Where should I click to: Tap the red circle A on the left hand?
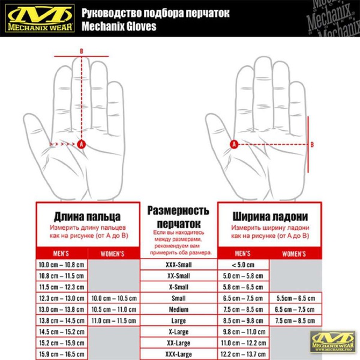[x=82, y=144]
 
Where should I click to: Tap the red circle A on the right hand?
[x=234, y=143]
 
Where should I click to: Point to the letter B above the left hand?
[x=82, y=52]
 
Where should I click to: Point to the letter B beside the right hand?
[x=311, y=143]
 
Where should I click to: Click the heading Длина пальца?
[x=88, y=216]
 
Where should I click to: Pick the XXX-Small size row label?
[x=178, y=264]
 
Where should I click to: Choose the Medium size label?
[x=178, y=310]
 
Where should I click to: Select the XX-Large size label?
[x=178, y=343]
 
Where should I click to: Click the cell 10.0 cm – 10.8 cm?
[x=62, y=265]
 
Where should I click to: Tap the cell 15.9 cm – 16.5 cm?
[x=62, y=355]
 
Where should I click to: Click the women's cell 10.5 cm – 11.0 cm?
[x=114, y=310]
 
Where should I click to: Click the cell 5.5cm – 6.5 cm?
[x=295, y=298]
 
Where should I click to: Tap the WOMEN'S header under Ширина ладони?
[x=295, y=254]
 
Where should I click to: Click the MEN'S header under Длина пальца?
[x=62, y=254]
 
